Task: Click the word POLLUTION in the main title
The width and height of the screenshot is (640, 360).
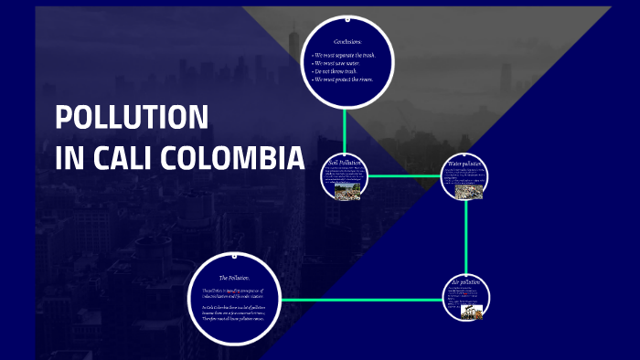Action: pyautogui.click(x=132, y=117)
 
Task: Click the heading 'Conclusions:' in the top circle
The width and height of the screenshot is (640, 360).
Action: pyautogui.click(x=349, y=41)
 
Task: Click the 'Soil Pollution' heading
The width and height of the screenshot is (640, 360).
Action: pyautogui.click(x=345, y=163)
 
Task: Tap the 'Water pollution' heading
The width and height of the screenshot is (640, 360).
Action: pyautogui.click(x=464, y=164)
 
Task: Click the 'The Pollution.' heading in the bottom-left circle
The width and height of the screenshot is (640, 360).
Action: pyautogui.click(x=234, y=277)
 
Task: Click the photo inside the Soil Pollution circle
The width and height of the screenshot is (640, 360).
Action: pyautogui.click(x=346, y=192)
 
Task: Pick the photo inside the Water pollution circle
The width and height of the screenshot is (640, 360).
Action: pyautogui.click(x=467, y=190)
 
